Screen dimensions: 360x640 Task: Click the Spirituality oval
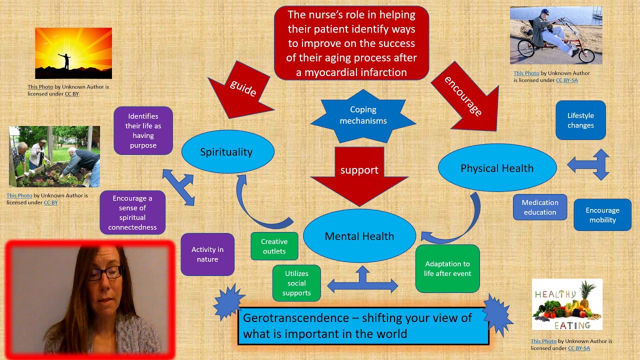227,152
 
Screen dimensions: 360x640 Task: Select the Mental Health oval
359,236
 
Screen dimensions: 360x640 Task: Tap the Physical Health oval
497,168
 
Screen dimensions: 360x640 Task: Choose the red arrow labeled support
359,172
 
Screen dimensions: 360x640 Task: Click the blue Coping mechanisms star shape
363,115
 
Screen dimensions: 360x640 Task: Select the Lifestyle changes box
580,120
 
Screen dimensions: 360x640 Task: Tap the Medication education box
540,207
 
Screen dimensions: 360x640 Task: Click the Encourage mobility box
602,215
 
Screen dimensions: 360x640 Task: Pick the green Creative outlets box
274,246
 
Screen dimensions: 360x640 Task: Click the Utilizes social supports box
296,283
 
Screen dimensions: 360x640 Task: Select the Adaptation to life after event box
447,268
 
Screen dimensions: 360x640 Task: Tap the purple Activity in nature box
207,254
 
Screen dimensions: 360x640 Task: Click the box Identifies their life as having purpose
143,130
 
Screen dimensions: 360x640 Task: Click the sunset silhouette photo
73,53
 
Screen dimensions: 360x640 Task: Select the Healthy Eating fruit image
567,304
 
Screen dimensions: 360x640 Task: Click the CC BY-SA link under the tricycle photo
566,80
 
